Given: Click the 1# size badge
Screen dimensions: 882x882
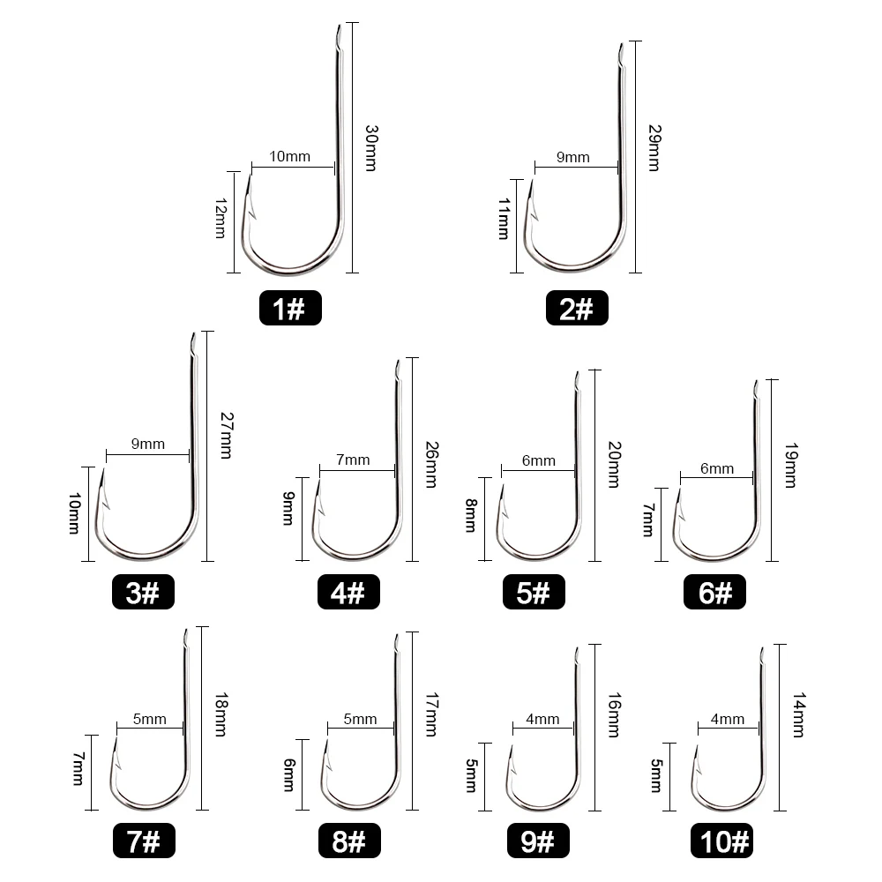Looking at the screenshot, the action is (x=290, y=308).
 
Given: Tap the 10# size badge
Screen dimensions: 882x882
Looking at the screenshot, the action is (x=721, y=841).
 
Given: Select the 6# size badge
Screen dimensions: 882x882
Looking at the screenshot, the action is (x=715, y=592).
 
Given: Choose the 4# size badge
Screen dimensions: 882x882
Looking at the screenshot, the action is (x=348, y=592).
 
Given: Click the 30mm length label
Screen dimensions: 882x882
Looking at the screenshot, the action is (x=371, y=148).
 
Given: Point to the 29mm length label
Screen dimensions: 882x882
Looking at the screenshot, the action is (x=654, y=148).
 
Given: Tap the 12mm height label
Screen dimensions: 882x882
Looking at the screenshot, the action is (x=221, y=218).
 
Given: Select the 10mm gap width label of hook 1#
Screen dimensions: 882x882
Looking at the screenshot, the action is (x=289, y=156).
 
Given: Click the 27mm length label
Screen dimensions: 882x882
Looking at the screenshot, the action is (x=227, y=436).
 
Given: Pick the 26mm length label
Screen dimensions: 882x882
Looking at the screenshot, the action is (x=431, y=465).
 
